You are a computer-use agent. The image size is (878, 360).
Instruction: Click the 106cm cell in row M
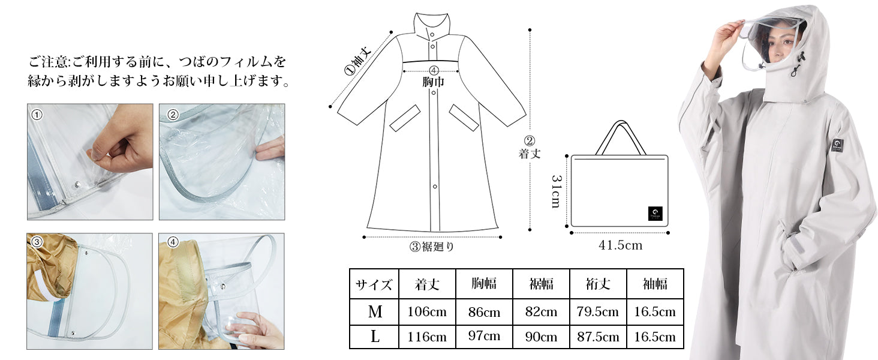pyautogui.click(x=427, y=312)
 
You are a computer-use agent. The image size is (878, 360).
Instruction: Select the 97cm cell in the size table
pyautogui.click(x=484, y=336)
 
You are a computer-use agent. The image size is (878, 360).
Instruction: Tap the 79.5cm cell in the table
pyautogui.click(x=598, y=312)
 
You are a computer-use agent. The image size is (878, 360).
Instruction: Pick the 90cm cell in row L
pyautogui.click(x=541, y=337)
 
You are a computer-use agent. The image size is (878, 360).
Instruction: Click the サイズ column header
pyautogui.click(x=374, y=284)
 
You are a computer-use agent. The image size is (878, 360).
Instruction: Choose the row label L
pyautogui.click(x=375, y=337)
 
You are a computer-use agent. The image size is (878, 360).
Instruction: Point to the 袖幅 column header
pyautogui.click(x=655, y=284)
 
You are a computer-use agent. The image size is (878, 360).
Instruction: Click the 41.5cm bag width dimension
pyautogui.click(x=621, y=245)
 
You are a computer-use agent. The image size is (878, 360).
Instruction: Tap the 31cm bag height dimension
pyautogui.click(x=556, y=191)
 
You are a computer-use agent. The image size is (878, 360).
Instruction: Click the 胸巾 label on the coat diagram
pyautogui.click(x=433, y=82)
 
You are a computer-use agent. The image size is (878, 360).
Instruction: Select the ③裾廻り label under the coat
pyautogui.click(x=432, y=247)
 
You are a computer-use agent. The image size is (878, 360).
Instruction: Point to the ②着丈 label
pyautogui.click(x=530, y=148)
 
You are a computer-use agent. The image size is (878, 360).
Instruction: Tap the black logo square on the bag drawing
pyautogui.click(x=656, y=214)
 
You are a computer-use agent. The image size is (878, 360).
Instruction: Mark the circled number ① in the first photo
pyautogui.click(x=37, y=115)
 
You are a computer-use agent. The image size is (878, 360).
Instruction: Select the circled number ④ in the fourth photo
pyautogui.click(x=173, y=242)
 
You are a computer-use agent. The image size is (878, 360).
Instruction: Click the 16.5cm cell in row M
pyautogui.click(x=655, y=312)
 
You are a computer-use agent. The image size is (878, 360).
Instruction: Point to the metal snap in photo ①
pyautogui.click(x=77, y=184)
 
